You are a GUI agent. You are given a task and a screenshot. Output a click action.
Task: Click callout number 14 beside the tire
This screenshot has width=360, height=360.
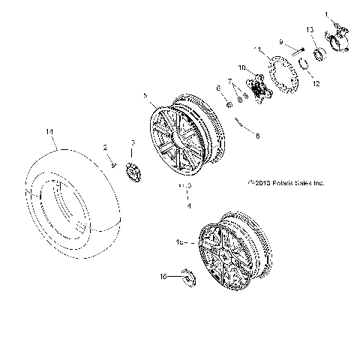(x=49, y=131)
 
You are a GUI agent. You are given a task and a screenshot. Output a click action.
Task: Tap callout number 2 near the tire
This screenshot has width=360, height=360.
(x=106, y=148)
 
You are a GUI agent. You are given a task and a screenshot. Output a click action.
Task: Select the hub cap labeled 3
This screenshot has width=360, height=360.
(x=133, y=170)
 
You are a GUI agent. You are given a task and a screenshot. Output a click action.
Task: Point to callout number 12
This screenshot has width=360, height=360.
(x=316, y=84)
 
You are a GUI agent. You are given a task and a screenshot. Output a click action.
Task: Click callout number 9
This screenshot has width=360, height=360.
(x=281, y=42)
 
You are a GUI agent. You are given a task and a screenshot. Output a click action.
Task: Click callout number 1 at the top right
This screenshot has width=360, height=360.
(x=326, y=14)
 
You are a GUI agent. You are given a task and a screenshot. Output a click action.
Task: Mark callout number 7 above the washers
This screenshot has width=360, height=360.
(x=229, y=80)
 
